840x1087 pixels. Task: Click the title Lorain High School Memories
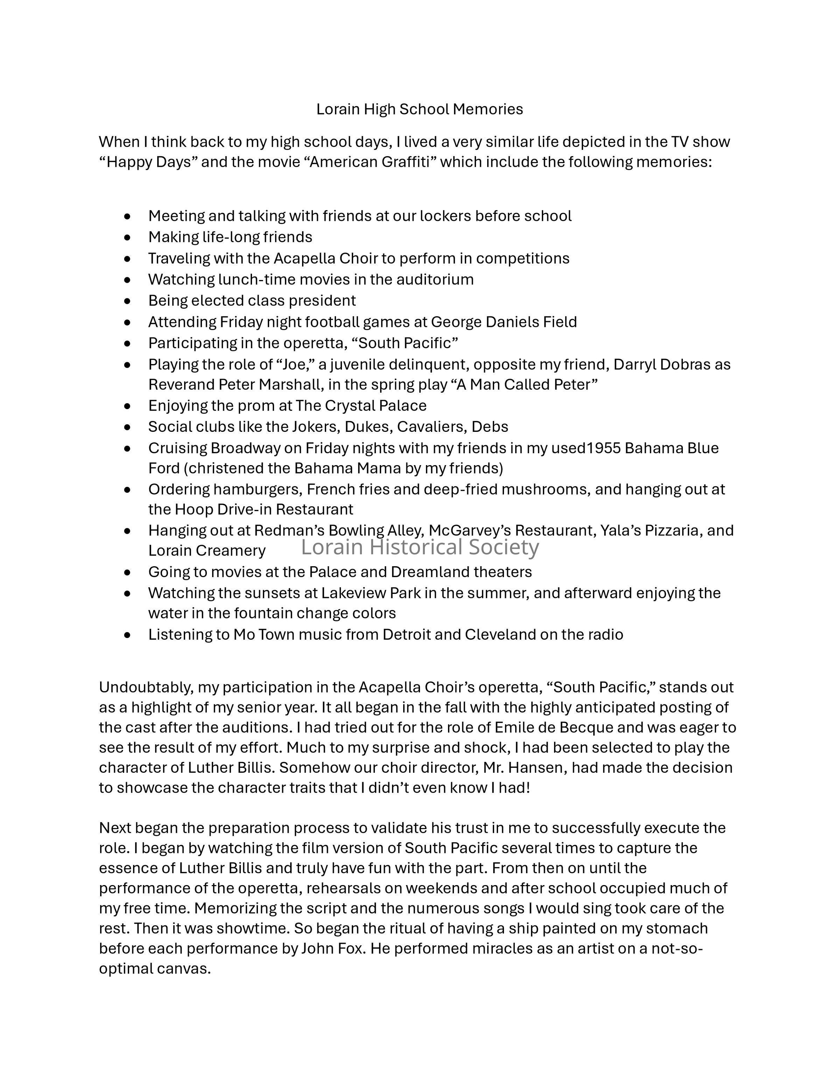tap(420, 109)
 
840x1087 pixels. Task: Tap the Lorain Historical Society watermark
tap(420, 547)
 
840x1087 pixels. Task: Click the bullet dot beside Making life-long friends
tap(128, 237)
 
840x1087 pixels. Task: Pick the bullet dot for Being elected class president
tap(128, 301)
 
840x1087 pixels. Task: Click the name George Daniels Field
tap(504, 322)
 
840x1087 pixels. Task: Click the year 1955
tap(604, 448)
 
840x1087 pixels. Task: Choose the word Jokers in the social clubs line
tap(315, 427)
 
